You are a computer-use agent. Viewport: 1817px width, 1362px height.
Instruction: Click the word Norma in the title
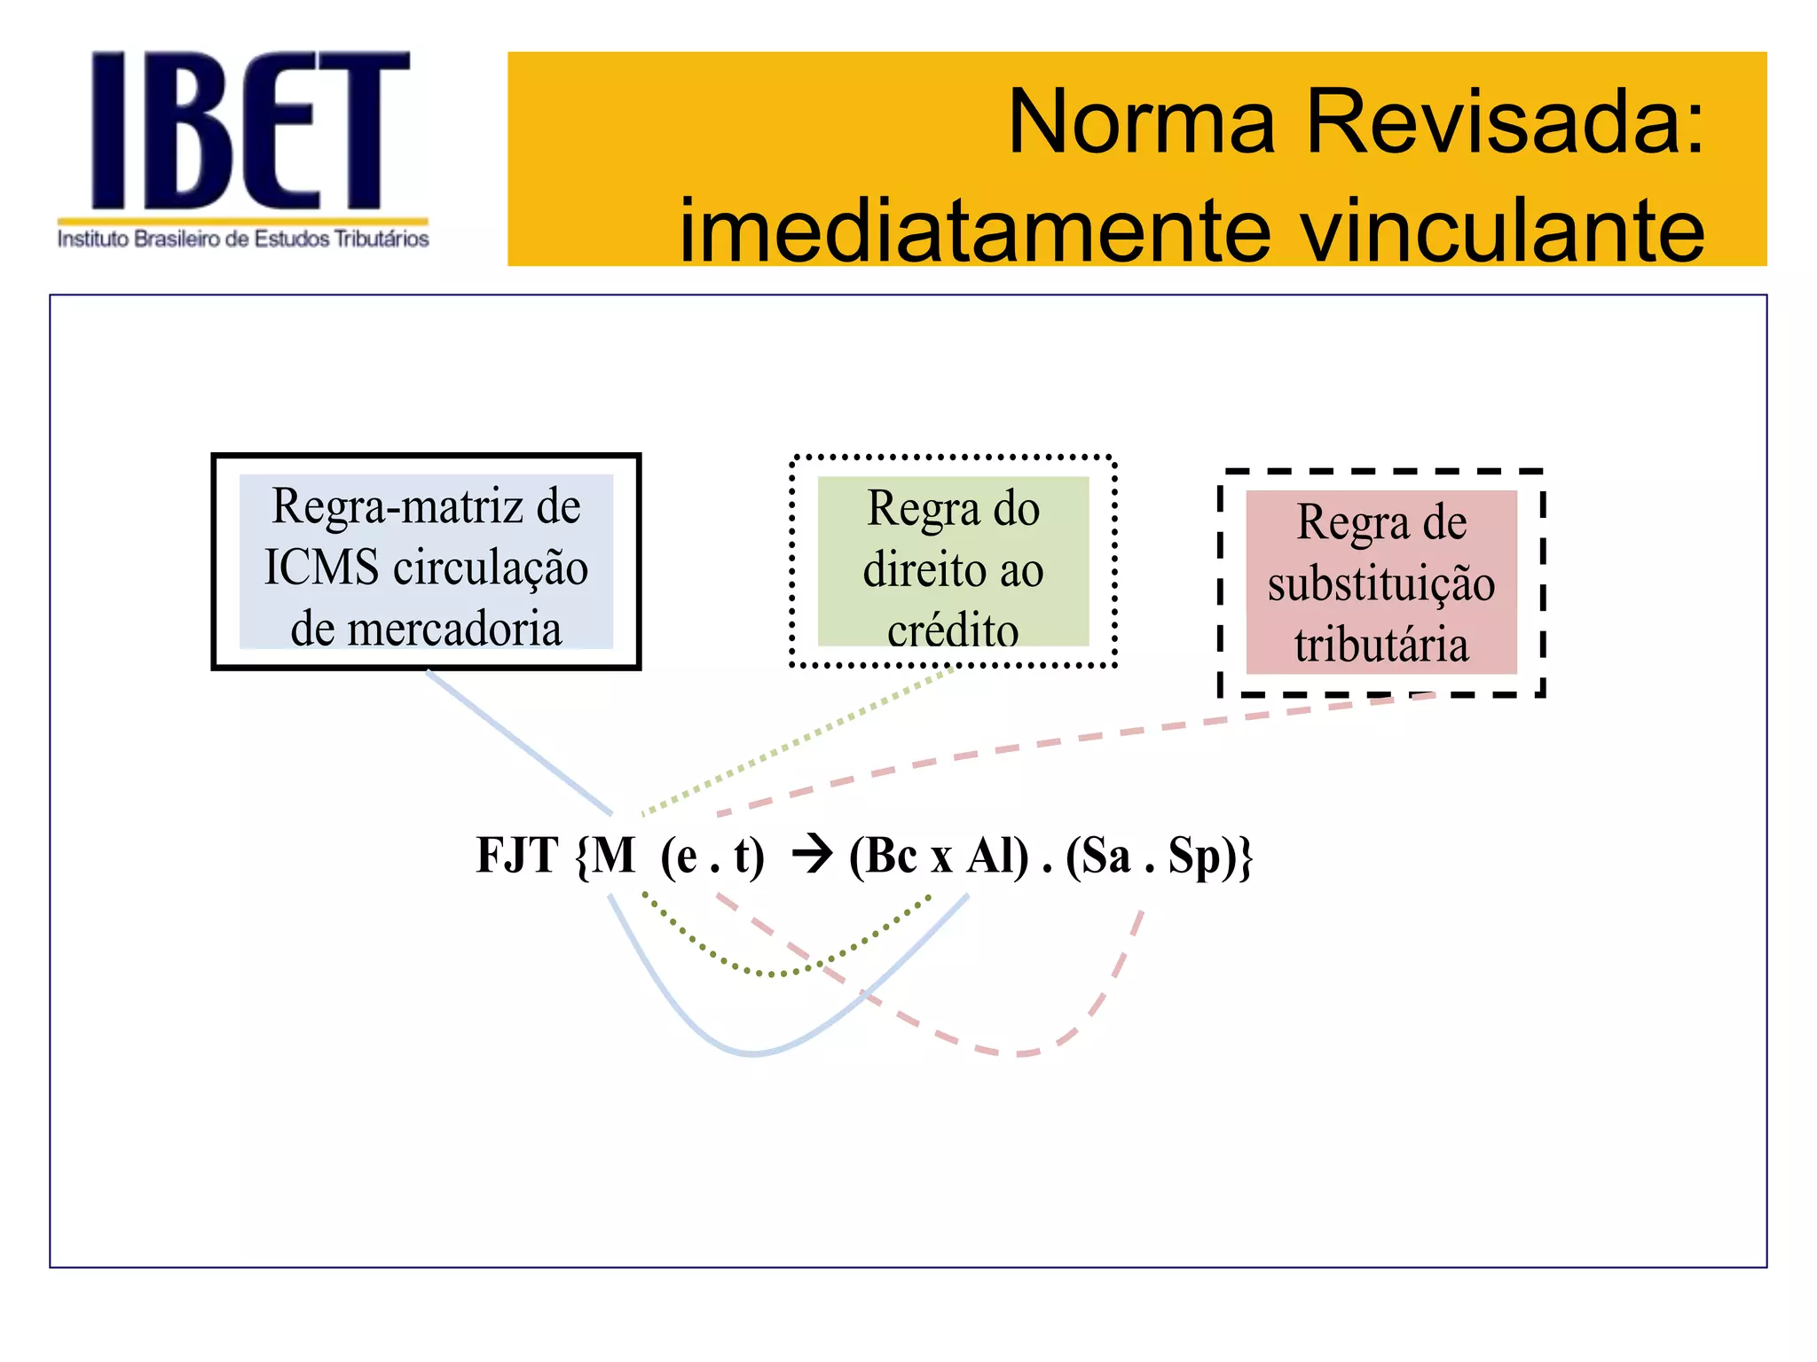[x=1141, y=122]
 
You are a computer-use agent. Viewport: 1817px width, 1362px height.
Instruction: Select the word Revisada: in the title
[x=1505, y=122]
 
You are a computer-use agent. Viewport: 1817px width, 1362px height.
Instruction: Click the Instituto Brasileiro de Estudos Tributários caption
[x=243, y=239]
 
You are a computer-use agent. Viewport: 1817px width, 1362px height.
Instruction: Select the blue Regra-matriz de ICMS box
[x=426, y=562]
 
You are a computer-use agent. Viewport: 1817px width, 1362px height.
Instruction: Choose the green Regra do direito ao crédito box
[x=953, y=561]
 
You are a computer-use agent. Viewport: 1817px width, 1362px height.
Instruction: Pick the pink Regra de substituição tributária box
[x=1381, y=583]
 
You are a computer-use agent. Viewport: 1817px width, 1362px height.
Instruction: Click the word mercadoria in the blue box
[x=453, y=630]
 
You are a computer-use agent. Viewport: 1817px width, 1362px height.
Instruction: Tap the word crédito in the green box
[x=953, y=630]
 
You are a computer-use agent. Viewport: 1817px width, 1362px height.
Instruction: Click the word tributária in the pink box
[x=1381, y=645]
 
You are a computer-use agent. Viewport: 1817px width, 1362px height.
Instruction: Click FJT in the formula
[x=516, y=856]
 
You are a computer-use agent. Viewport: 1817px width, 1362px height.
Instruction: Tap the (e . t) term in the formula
[x=712, y=857]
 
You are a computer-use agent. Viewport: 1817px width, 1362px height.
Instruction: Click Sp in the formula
[x=1193, y=857]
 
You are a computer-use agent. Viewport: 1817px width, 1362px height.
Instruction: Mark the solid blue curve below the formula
[x=752, y=1053]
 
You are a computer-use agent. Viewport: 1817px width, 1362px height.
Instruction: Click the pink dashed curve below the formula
[x=1020, y=1053]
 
